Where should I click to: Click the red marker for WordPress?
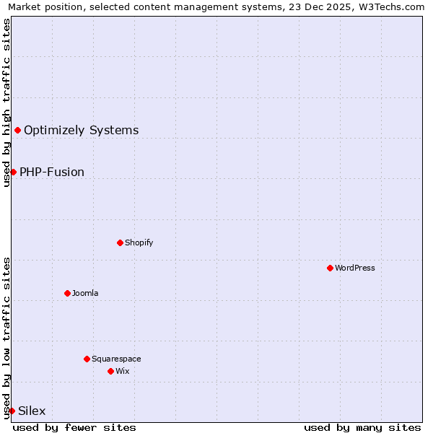pos(330,268)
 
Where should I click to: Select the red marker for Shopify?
pos(120,242)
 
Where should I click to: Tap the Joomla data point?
pos(67,293)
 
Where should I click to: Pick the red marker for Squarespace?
pos(87,359)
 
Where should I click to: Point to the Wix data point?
pos(110,371)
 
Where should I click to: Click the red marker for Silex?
pos(12,411)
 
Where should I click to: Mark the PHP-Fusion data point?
pos(13,172)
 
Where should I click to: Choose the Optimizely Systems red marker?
pos(17,130)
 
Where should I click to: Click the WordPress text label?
pos(355,268)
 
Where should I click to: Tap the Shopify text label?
pos(139,242)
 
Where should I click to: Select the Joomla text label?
pos(85,293)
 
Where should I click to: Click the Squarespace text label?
pos(116,359)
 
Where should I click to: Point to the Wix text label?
pos(123,371)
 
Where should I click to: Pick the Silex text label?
pos(32,411)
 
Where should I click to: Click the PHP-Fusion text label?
pos(52,172)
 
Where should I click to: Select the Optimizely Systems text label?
pos(82,130)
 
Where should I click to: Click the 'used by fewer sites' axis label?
pos(74,427)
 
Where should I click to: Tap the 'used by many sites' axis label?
pos(362,427)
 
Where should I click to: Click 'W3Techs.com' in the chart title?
pos(393,7)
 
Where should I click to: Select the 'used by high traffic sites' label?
pos(6,102)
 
